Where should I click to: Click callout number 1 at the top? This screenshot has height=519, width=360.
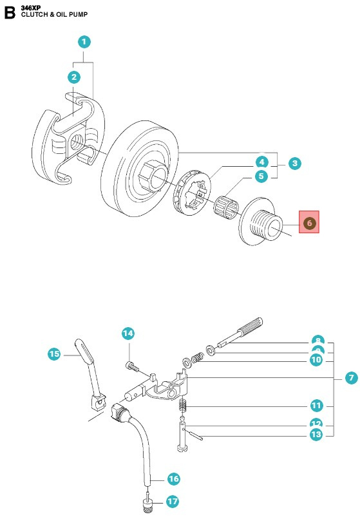click(84, 42)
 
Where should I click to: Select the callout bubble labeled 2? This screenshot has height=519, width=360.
click(75, 77)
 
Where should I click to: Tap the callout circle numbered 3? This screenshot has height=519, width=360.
click(294, 164)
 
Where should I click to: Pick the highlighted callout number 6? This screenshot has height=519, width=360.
click(309, 223)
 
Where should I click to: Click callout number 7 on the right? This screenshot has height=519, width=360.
click(350, 378)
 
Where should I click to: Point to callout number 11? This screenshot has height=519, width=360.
click(316, 406)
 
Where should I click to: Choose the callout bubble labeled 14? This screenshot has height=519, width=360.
click(128, 334)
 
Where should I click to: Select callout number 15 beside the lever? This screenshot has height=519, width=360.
click(55, 354)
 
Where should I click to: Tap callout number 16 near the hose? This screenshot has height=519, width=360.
click(173, 478)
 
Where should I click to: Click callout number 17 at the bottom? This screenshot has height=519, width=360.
click(173, 501)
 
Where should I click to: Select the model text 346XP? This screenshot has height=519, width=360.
click(32, 6)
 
